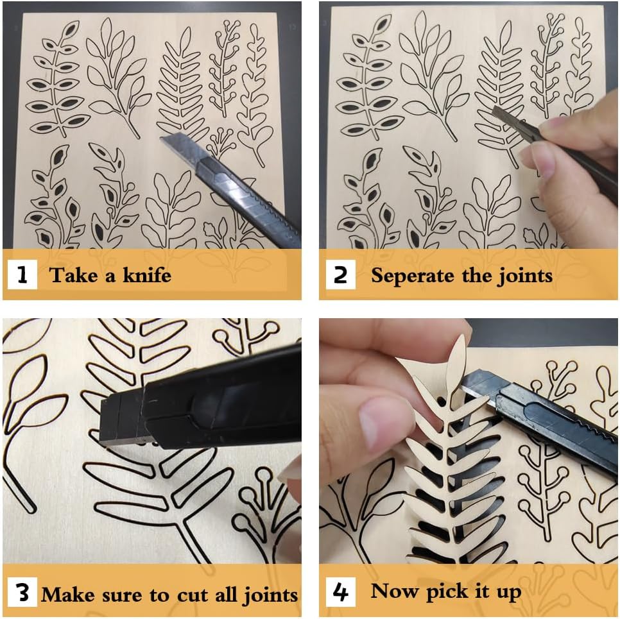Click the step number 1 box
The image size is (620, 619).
22,275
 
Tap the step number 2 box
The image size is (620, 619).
340,275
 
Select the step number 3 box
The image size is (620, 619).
22,592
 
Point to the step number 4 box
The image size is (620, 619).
340,592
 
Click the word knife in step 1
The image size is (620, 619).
147,275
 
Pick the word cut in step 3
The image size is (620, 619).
193,595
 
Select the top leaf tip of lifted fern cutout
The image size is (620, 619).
461,335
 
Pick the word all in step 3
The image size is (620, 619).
227,594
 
